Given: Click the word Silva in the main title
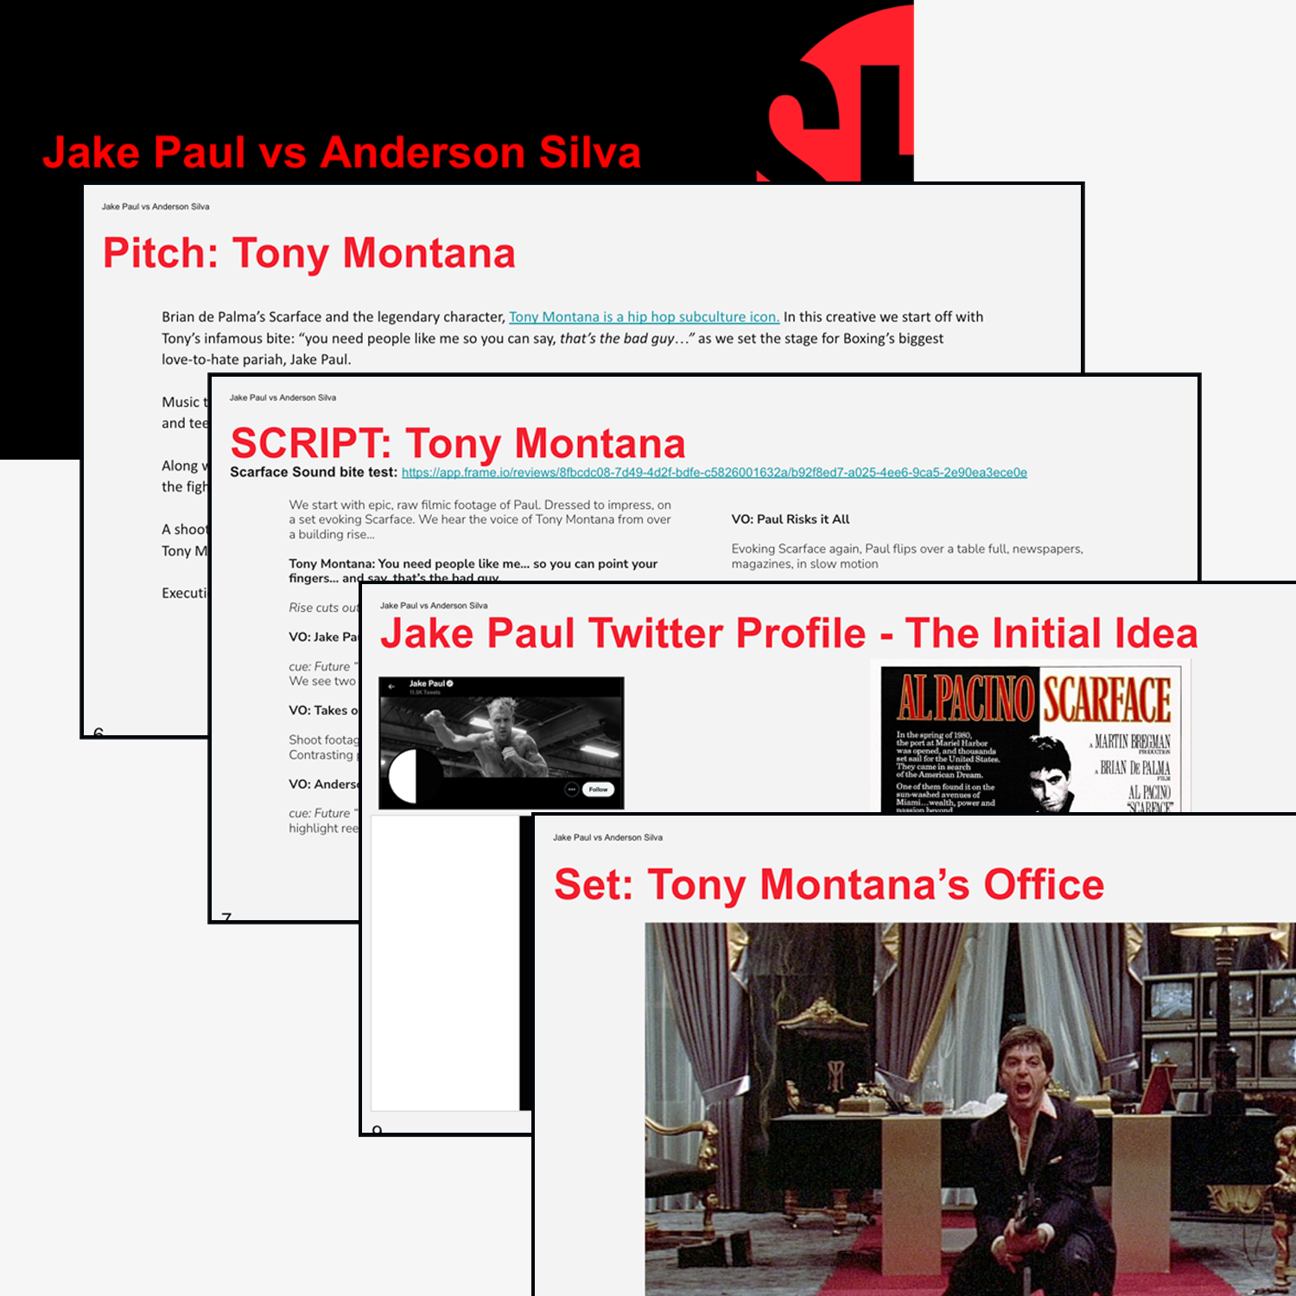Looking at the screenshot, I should point(589,153).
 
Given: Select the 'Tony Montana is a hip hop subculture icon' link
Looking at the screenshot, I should point(644,317).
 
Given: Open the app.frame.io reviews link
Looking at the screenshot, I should point(714,473).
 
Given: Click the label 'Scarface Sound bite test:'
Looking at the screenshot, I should point(313,473).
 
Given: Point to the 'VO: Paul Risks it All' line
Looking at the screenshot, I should point(791,519).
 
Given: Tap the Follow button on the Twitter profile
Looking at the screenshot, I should point(598,789).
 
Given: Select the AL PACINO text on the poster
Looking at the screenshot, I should point(966,698).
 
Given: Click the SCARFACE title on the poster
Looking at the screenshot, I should point(1107,700).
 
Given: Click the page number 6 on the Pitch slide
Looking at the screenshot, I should point(98,733).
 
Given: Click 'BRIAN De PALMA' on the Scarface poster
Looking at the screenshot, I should point(1134,767).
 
